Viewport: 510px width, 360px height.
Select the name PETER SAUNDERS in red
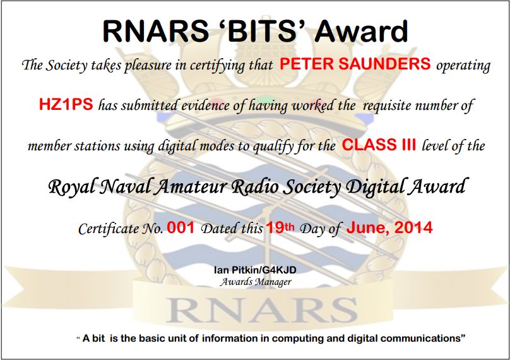[x=355, y=64]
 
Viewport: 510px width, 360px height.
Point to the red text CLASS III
[x=379, y=146]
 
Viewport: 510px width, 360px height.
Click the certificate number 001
[x=181, y=228]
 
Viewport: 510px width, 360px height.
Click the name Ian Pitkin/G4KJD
[x=255, y=270]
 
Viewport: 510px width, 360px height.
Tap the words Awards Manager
[x=255, y=282]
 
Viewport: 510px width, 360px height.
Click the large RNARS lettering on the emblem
[x=255, y=310]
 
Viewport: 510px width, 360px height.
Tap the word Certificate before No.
[x=105, y=229]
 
